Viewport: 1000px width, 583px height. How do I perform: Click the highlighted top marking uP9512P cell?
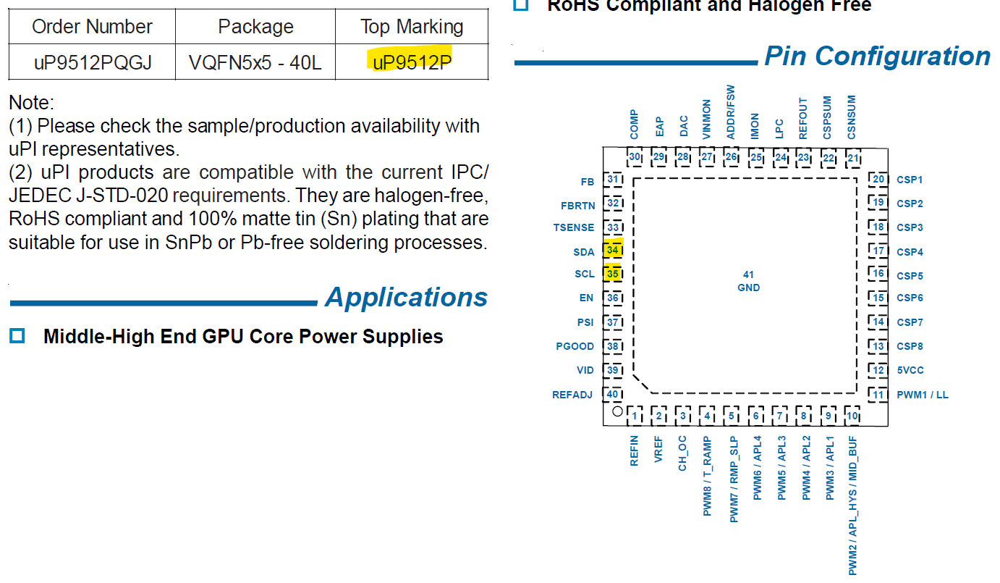click(412, 63)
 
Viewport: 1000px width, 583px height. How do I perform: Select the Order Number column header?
click(92, 28)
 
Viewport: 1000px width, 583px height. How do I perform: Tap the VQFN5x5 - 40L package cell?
click(255, 63)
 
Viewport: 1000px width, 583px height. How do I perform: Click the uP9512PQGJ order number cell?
click(92, 63)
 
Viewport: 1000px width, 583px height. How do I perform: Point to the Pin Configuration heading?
click(877, 56)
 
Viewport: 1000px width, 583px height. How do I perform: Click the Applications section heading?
click(406, 298)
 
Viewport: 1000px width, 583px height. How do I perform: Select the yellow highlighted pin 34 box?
click(613, 251)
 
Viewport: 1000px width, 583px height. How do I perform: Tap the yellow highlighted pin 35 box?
click(613, 274)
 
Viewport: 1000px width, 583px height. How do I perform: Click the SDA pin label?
click(584, 252)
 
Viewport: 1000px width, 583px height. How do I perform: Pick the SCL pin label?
click(584, 274)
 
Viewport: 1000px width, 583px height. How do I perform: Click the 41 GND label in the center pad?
click(748, 281)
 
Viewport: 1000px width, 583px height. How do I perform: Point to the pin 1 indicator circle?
click(617, 411)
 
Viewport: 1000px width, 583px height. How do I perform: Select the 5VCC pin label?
click(910, 370)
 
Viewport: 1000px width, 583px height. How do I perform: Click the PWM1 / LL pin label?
click(922, 395)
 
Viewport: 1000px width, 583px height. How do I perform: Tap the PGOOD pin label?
click(575, 346)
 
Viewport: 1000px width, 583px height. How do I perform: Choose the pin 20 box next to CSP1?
click(878, 180)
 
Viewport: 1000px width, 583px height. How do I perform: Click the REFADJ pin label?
click(572, 395)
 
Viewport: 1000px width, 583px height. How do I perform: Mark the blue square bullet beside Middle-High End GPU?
click(17, 336)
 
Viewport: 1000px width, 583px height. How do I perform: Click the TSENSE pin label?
click(574, 227)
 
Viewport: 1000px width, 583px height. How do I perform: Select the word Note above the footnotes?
click(31, 103)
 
